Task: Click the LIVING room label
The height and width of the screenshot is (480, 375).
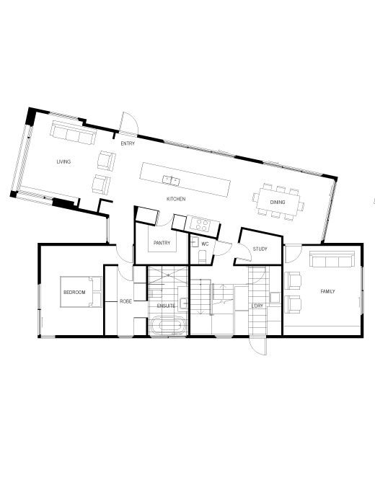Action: pyautogui.click(x=63, y=161)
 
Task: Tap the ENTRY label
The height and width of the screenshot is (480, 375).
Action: pyautogui.click(x=128, y=143)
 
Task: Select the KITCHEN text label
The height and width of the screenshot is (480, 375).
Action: pyautogui.click(x=177, y=198)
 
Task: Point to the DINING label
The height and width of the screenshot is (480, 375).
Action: pyautogui.click(x=278, y=203)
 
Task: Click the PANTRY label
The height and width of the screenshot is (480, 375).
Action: pyautogui.click(x=162, y=243)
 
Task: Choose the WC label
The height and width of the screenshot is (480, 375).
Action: pyautogui.click(x=205, y=244)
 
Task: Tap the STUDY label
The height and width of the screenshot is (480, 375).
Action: pyautogui.click(x=260, y=249)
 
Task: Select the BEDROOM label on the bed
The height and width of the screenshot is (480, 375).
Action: pyautogui.click(x=74, y=293)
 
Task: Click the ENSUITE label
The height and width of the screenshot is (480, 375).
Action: pyautogui.click(x=167, y=306)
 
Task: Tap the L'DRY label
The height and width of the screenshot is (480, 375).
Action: pyautogui.click(x=257, y=306)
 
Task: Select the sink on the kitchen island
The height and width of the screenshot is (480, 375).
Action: pyautogui.click(x=171, y=179)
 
